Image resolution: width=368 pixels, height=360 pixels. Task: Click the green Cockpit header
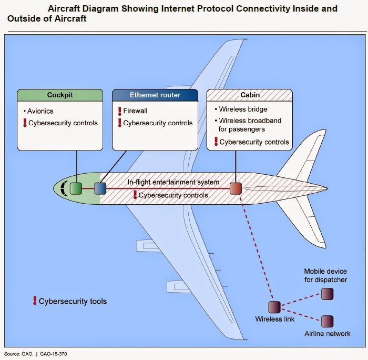click(59, 95)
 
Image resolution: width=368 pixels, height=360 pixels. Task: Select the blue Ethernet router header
click(155, 95)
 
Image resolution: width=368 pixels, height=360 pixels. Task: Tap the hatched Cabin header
click(250, 95)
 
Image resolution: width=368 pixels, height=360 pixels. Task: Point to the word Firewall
click(135, 112)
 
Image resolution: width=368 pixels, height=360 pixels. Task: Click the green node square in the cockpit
click(77, 188)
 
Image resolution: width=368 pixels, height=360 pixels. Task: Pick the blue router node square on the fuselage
click(100, 188)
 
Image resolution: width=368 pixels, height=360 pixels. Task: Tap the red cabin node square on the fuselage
click(236, 188)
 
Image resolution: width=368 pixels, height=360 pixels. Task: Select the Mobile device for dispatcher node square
click(328, 293)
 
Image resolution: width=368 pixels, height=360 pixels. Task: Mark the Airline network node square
click(328, 321)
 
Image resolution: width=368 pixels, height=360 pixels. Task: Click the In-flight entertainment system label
click(173, 182)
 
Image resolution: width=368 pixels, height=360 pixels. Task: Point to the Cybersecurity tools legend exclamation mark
click(35, 301)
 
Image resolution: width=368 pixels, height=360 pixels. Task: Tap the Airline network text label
click(328, 334)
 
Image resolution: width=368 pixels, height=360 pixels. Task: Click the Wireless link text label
click(275, 319)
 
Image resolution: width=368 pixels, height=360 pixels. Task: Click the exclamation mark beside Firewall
click(119, 112)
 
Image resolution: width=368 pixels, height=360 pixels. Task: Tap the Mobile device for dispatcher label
click(326, 276)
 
